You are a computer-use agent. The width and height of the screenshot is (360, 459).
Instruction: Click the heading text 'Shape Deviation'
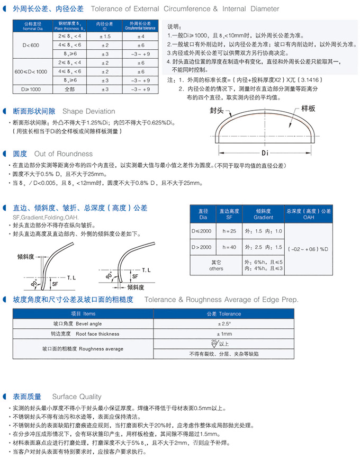click(x=88, y=111)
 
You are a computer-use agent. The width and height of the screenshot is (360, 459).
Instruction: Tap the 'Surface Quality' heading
click(x=77, y=397)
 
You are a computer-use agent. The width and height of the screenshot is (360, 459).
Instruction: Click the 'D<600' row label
click(x=31, y=46)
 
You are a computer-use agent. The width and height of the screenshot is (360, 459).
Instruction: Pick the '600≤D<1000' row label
click(x=31, y=71)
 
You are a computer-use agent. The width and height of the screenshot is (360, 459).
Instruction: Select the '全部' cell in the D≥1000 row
click(x=70, y=89)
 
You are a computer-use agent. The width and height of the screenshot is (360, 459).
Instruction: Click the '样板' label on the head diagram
click(x=308, y=108)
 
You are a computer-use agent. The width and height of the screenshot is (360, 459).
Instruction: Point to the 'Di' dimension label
click(x=266, y=152)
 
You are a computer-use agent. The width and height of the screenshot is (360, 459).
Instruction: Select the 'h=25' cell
click(x=229, y=231)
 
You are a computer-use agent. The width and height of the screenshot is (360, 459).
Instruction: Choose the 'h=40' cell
click(x=229, y=247)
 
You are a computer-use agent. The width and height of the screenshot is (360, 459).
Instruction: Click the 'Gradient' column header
click(x=264, y=218)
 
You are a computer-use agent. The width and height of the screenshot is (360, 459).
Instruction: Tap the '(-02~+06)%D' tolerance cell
click(x=309, y=248)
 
